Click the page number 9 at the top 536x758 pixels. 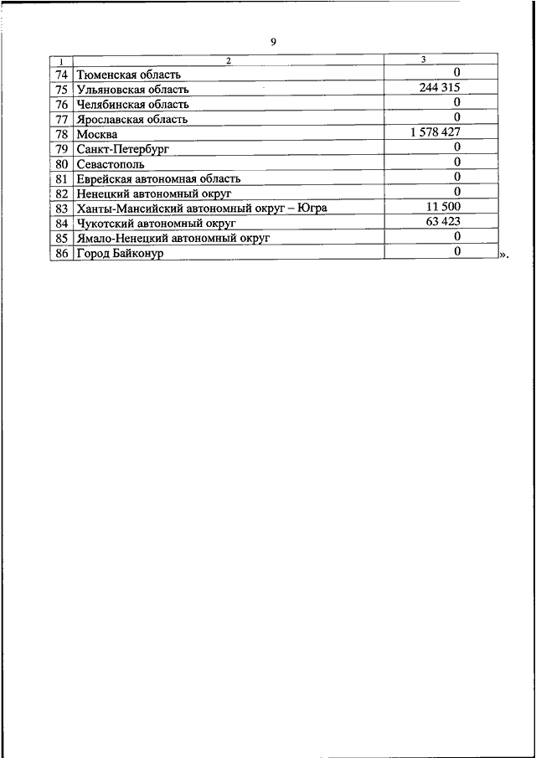pos(273,42)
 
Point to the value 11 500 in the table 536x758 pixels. pos(441,206)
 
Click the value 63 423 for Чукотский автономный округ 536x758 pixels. pos(441,221)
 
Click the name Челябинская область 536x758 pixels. pos(132,105)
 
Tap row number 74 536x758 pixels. pos(61,75)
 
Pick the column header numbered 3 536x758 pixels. pos(423,59)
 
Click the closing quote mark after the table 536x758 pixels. pos(502,254)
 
